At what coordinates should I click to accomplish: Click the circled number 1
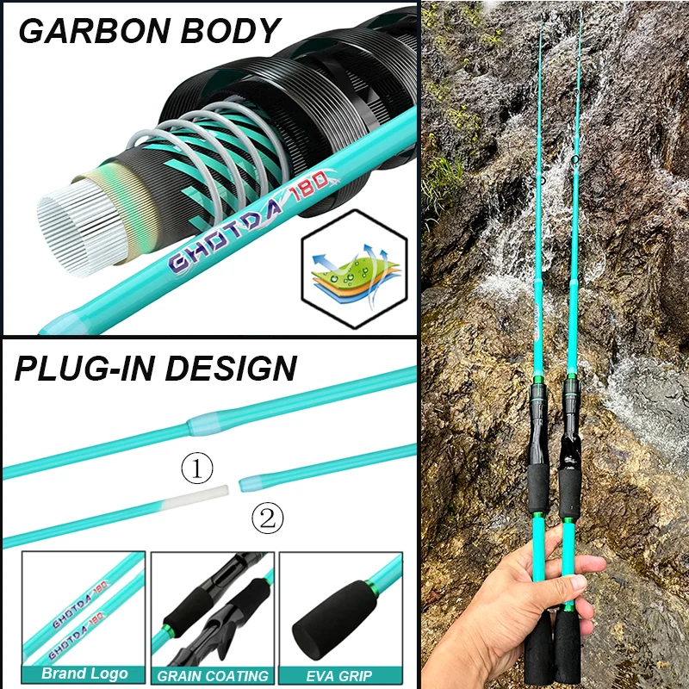pyautogui.click(x=197, y=469)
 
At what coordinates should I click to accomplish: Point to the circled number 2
pyautogui.click(x=267, y=518)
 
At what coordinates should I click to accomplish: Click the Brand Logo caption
pyautogui.click(x=84, y=673)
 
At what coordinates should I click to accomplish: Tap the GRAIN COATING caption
pyautogui.click(x=212, y=675)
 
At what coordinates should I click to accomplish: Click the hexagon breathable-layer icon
pyautogui.click(x=343, y=270)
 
